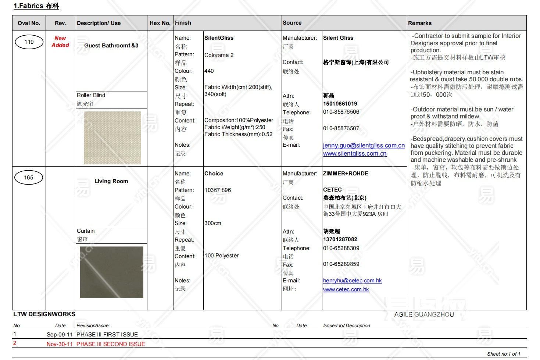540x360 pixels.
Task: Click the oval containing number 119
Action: click(29, 42)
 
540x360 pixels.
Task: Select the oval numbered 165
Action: click(29, 178)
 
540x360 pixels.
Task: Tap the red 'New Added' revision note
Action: click(60, 42)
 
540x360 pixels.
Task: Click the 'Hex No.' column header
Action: click(160, 23)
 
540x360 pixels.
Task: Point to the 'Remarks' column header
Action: click(420, 23)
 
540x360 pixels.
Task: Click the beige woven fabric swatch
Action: click(112, 138)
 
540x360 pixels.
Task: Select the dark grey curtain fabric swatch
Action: click(111, 272)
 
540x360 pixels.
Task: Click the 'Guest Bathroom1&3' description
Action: click(111, 46)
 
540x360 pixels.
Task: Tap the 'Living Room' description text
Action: click(111, 181)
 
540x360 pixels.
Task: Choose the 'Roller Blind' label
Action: click(91, 95)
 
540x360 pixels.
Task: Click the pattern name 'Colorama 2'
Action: click(219, 55)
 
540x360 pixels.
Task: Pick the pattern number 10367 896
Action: click(218, 190)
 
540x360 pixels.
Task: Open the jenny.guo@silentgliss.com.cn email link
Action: click(364, 146)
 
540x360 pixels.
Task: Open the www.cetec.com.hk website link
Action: click(346, 289)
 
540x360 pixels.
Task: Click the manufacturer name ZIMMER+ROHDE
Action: click(346, 174)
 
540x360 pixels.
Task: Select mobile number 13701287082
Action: click(340, 239)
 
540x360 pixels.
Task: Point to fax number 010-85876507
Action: click(341, 128)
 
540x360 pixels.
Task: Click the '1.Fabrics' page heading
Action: click(36, 6)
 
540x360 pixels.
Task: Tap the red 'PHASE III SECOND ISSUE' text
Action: click(111, 344)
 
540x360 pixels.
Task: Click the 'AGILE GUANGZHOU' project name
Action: click(424, 315)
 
